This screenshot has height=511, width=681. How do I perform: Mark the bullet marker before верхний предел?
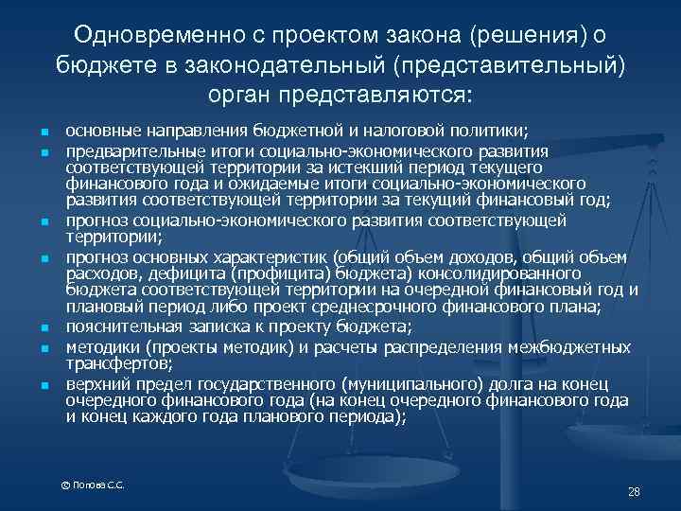point(44,384)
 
